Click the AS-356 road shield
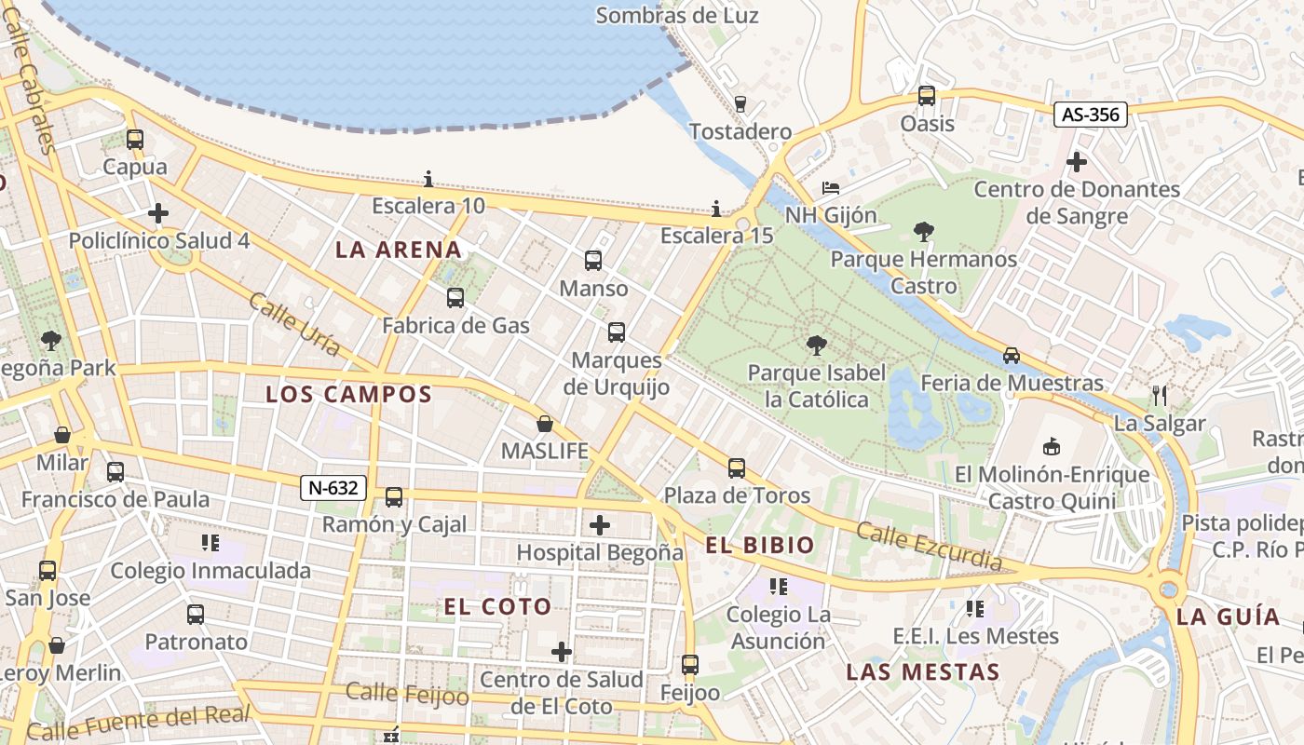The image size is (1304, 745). (x=1092, y=115)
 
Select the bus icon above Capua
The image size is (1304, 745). (x=135, y=140)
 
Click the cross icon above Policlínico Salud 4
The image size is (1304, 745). (x=158, y=213)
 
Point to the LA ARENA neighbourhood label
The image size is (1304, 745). (x=399, y=250)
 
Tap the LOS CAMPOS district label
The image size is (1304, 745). (x=349, y=394)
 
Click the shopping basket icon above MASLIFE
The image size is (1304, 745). (x=545, y=425)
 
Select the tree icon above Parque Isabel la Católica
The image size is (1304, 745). (x=817, y=346)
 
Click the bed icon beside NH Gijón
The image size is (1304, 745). (x=831, y=188)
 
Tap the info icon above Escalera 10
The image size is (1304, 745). (x=428, y=178)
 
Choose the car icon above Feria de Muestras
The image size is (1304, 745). (x=1012, y=356)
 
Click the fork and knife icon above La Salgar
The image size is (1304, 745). (x=1160, y=396)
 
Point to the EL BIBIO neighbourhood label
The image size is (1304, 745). (x=760, y=546)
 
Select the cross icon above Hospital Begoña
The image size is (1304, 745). (x=600, y=525)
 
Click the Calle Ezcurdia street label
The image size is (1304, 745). (x=929, y=547)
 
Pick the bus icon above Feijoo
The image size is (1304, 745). (x=690, y=665)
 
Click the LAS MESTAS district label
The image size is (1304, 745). (x=923, y=672)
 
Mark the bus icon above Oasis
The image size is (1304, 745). (x=927, y=96)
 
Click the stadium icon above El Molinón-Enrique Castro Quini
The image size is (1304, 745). (x=1053, y=447)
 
